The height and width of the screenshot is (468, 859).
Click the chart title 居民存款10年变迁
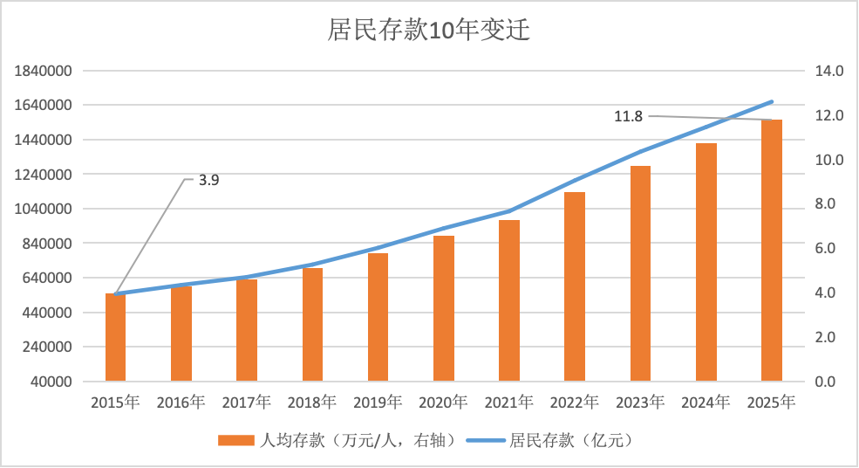(x=428, y=31)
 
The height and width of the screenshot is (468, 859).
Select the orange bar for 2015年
(x=116, y=337)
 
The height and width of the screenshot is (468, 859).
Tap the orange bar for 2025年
(x=771, y=251)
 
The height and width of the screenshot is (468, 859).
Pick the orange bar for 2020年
(x=444, y=308)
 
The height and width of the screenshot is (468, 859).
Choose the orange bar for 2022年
(x=575, y=286)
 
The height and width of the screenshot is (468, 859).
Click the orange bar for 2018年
(x=312, y=324)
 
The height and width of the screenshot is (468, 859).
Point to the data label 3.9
(x=208, y=181)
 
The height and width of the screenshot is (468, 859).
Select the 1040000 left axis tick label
(x=42, y=210)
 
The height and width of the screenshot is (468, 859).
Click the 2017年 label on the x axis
(x=246, y=403)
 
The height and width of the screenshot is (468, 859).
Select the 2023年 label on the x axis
(x=639, y=403)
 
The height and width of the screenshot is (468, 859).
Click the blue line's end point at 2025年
(x=772, y=102)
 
